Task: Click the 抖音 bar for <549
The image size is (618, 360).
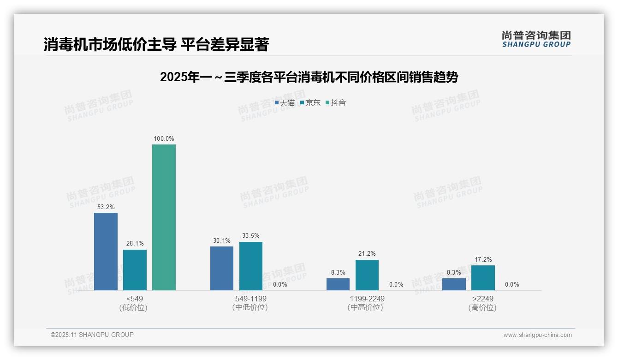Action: point(164,217)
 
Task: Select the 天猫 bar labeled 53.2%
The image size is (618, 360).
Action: point(106,252)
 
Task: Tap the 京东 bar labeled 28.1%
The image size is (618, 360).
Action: point(135,270)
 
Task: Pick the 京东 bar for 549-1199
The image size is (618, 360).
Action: point(251,266)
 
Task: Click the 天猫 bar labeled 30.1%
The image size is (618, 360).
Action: point(222,269)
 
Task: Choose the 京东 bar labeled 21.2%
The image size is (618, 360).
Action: point(367,275)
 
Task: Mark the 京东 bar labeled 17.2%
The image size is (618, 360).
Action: point(483,278)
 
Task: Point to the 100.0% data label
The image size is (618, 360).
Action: point(164,139)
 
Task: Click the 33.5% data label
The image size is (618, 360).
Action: point(251,236)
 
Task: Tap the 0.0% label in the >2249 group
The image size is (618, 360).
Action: point(512,285)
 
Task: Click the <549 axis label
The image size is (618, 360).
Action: point(134,299)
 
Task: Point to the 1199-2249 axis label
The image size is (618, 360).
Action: point(367,299)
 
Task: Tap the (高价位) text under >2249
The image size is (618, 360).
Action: point(482,308)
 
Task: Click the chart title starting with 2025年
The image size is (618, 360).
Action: point(309,77)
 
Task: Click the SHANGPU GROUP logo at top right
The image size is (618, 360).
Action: point(536,39)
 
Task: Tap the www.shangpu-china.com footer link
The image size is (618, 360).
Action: point(537,335)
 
